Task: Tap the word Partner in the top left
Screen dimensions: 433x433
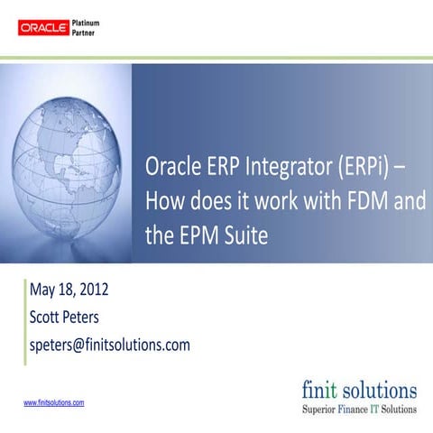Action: tap(87, 34)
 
